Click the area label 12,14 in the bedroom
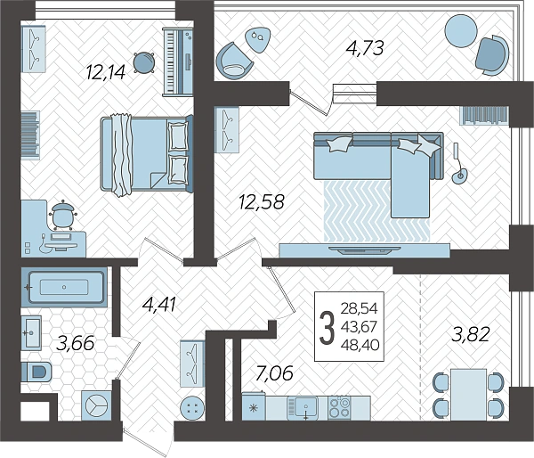106,72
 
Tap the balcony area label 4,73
365,48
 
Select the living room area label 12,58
261,201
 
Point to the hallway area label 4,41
159,304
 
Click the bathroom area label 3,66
76,343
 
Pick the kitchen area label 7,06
274,372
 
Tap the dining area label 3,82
470,334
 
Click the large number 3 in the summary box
327,328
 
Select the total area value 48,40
360,345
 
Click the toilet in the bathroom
36,372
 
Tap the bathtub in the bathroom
64,287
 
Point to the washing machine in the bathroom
96,405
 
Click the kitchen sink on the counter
303,408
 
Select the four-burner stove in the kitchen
340,408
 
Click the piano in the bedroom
178,61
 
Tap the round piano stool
143,62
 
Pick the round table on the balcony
461,30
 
